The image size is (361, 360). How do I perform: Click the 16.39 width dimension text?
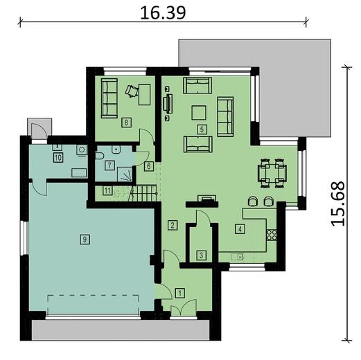point(163,12)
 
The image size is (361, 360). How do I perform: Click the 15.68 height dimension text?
point(337,204)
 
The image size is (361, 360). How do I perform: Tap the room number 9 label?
point(85,240)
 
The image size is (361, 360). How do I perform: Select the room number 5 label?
point(202,129)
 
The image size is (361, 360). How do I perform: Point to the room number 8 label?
point(126,123)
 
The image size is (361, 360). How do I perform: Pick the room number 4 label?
point(240,229)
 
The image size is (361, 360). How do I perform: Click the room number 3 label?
point(201,255)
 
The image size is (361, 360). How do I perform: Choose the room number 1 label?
point(180,293)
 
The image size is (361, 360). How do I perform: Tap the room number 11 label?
point(107,191)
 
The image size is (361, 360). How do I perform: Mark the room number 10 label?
point(58,158)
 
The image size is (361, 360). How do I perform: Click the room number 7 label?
point(109,165)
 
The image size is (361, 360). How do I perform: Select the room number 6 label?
point(149,166)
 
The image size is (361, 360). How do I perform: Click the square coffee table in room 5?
point(199,113)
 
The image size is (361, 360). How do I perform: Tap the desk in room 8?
point(144,94)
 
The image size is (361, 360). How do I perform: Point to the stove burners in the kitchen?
point(272,235)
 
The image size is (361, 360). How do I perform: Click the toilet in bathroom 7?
point(100,156)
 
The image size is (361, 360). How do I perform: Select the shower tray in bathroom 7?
point(125,174)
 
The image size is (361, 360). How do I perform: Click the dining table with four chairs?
point(272,173)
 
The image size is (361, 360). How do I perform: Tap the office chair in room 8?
point(131,91)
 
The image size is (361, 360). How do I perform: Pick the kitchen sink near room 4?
point(237,257)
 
